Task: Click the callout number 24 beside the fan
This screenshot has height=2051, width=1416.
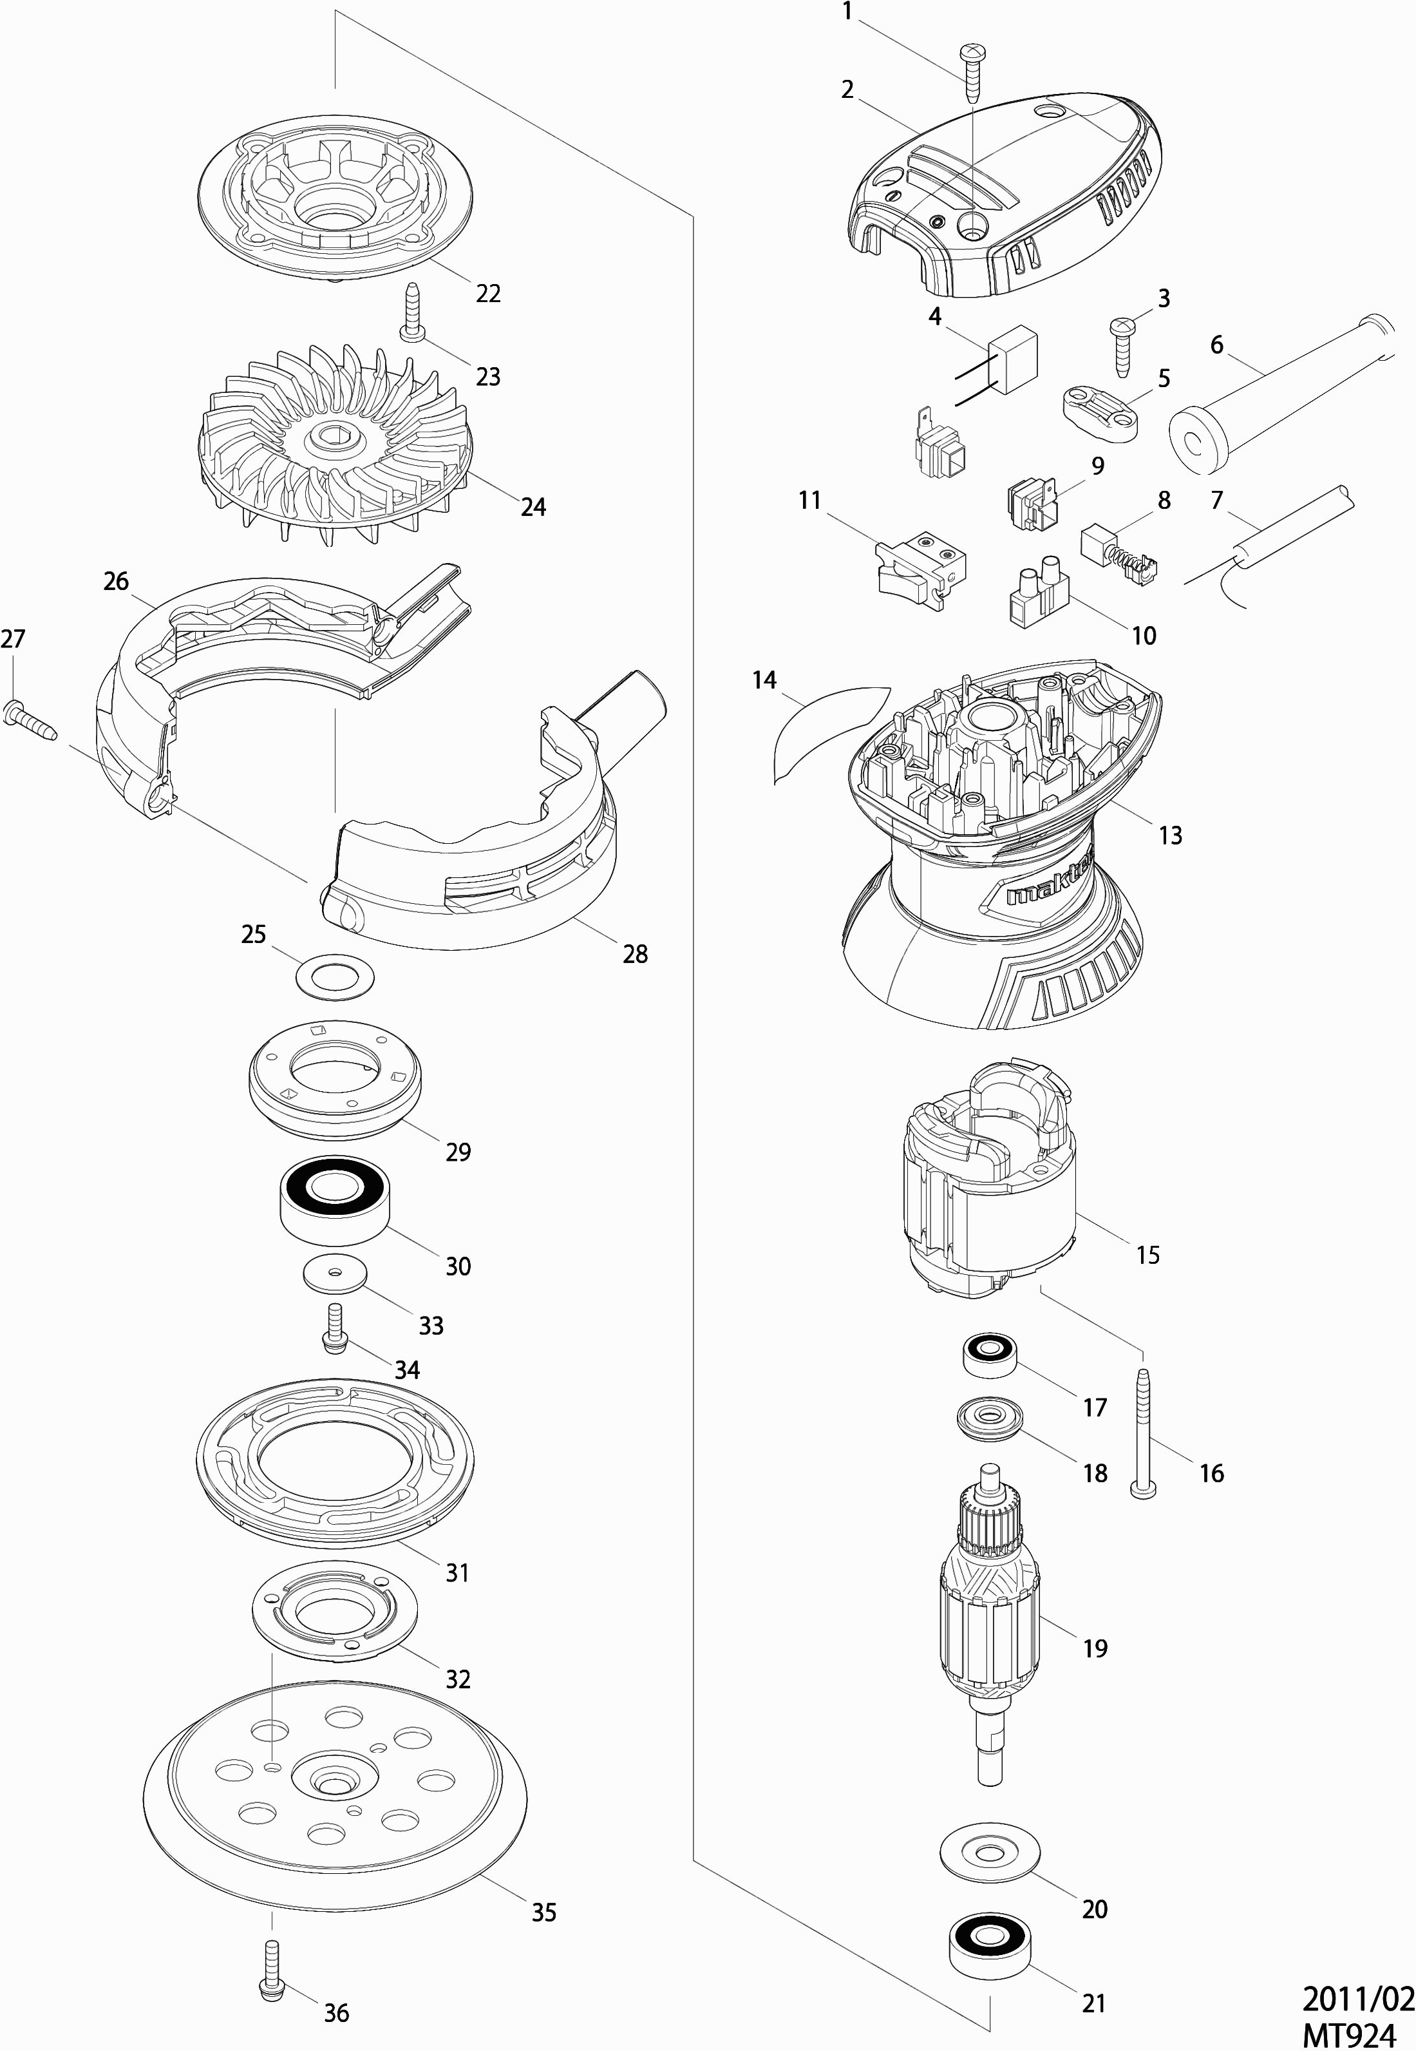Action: (533, 507)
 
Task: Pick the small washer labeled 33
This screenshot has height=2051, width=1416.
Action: (334, 1274)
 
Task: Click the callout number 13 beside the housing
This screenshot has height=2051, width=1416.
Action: (1170, 834)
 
